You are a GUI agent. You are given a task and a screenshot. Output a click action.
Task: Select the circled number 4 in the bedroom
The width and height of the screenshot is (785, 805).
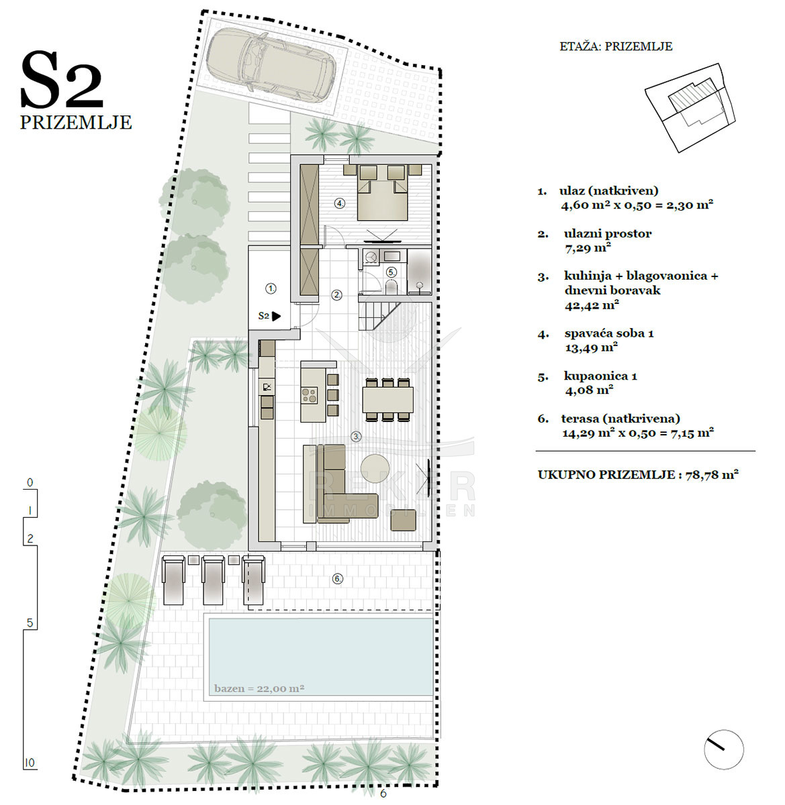340,203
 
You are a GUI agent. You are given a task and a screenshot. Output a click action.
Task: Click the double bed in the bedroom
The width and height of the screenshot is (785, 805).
382,192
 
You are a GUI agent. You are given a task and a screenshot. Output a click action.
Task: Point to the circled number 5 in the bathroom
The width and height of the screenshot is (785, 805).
391,272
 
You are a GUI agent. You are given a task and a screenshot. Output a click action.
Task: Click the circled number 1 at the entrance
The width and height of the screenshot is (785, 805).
271,288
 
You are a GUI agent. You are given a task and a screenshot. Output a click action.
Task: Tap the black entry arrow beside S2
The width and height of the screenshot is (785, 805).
276,317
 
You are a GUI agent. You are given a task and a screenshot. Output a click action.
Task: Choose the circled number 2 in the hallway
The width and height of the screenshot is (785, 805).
337,295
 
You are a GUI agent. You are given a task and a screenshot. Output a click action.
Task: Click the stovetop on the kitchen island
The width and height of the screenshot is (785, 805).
310,394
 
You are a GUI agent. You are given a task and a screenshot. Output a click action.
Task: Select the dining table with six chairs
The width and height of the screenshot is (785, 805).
388,400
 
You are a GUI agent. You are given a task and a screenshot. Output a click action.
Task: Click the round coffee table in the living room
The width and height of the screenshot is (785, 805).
375,469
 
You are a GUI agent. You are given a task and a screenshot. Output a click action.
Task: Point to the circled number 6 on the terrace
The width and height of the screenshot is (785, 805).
338,579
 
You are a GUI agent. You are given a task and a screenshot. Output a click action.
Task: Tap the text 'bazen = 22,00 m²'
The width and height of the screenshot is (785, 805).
259,688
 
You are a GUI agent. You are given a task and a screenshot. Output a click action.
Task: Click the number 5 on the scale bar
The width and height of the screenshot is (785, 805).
30,623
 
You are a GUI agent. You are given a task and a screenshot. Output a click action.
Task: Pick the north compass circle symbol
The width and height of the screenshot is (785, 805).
723,749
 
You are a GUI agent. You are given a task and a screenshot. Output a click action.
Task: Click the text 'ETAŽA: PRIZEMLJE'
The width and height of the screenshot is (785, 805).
616,46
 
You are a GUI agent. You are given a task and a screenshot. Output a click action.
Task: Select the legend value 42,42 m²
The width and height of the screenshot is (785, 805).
592,306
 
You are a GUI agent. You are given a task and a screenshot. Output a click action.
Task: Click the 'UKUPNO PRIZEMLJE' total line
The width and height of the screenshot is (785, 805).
638,474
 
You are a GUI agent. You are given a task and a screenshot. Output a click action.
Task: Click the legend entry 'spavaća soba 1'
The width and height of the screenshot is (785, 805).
609,333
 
